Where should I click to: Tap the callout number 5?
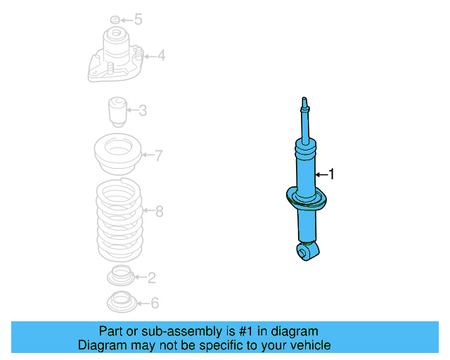point(138,19)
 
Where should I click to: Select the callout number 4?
point(161,55)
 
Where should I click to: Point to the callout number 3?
point(142,110)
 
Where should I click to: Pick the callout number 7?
point(158,155)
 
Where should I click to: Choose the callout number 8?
point(159,210)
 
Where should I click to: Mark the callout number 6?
point(155,303)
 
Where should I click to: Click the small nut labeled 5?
point(116,19)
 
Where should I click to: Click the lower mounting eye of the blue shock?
point(305,252)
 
